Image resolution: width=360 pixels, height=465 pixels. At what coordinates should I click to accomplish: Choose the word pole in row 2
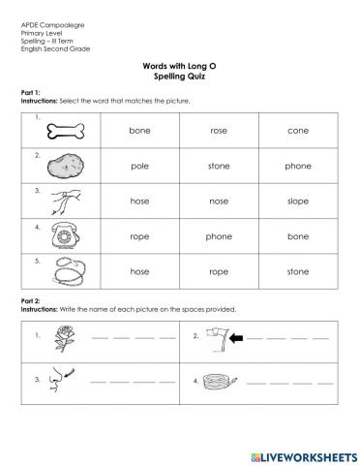click(x=139, y=165)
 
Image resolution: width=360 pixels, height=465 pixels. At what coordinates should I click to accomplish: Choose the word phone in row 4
click(x=218, y=235)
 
